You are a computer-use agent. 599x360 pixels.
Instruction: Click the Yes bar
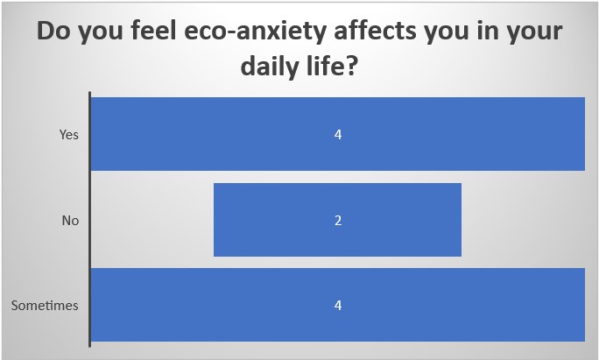(x=338, y=134)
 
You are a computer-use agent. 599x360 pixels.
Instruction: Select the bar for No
(x=337, y=220)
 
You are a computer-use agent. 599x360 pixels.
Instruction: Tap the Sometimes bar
(x=338, y=305)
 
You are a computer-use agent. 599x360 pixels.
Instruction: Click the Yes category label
(x=69, y=135)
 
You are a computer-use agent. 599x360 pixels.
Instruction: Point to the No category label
(x=70, y=221)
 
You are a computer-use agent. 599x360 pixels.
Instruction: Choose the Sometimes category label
(x=45, y=306)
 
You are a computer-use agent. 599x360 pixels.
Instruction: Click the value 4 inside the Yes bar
(x=338, y=135)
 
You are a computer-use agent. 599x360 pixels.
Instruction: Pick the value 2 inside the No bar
(x=338, y=221)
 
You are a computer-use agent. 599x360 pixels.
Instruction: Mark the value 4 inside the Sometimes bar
(x=338, y=306)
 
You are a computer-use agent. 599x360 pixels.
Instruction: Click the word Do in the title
(x=53, y=31)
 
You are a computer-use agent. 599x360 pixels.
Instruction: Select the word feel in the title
(x=153, y=30)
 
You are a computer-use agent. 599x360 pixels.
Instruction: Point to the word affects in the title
(x=375, y=30)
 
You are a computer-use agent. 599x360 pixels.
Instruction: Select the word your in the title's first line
(x=537, y=33)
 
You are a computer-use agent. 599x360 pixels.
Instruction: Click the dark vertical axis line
(x=90, y=219)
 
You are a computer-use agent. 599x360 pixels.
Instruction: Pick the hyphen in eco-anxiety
(x=230, y=33)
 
